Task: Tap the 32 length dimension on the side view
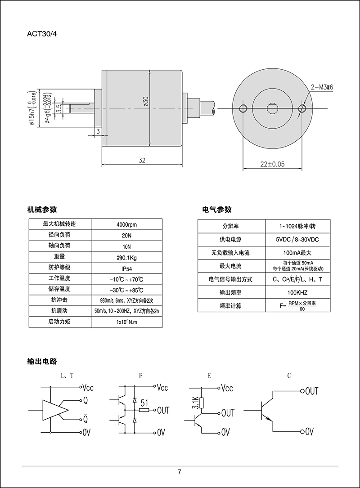click(142, 161)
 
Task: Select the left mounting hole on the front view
click(243, 108)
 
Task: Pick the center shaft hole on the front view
click(273, 108)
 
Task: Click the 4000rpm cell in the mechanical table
click(126, 224)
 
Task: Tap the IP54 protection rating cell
click(126, 268)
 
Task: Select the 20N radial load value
click(126, 235)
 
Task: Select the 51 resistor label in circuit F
click(144, 403)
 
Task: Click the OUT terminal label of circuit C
click(311, 391)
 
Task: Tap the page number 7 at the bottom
click(180, 472)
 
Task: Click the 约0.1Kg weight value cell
click(126, 257)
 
